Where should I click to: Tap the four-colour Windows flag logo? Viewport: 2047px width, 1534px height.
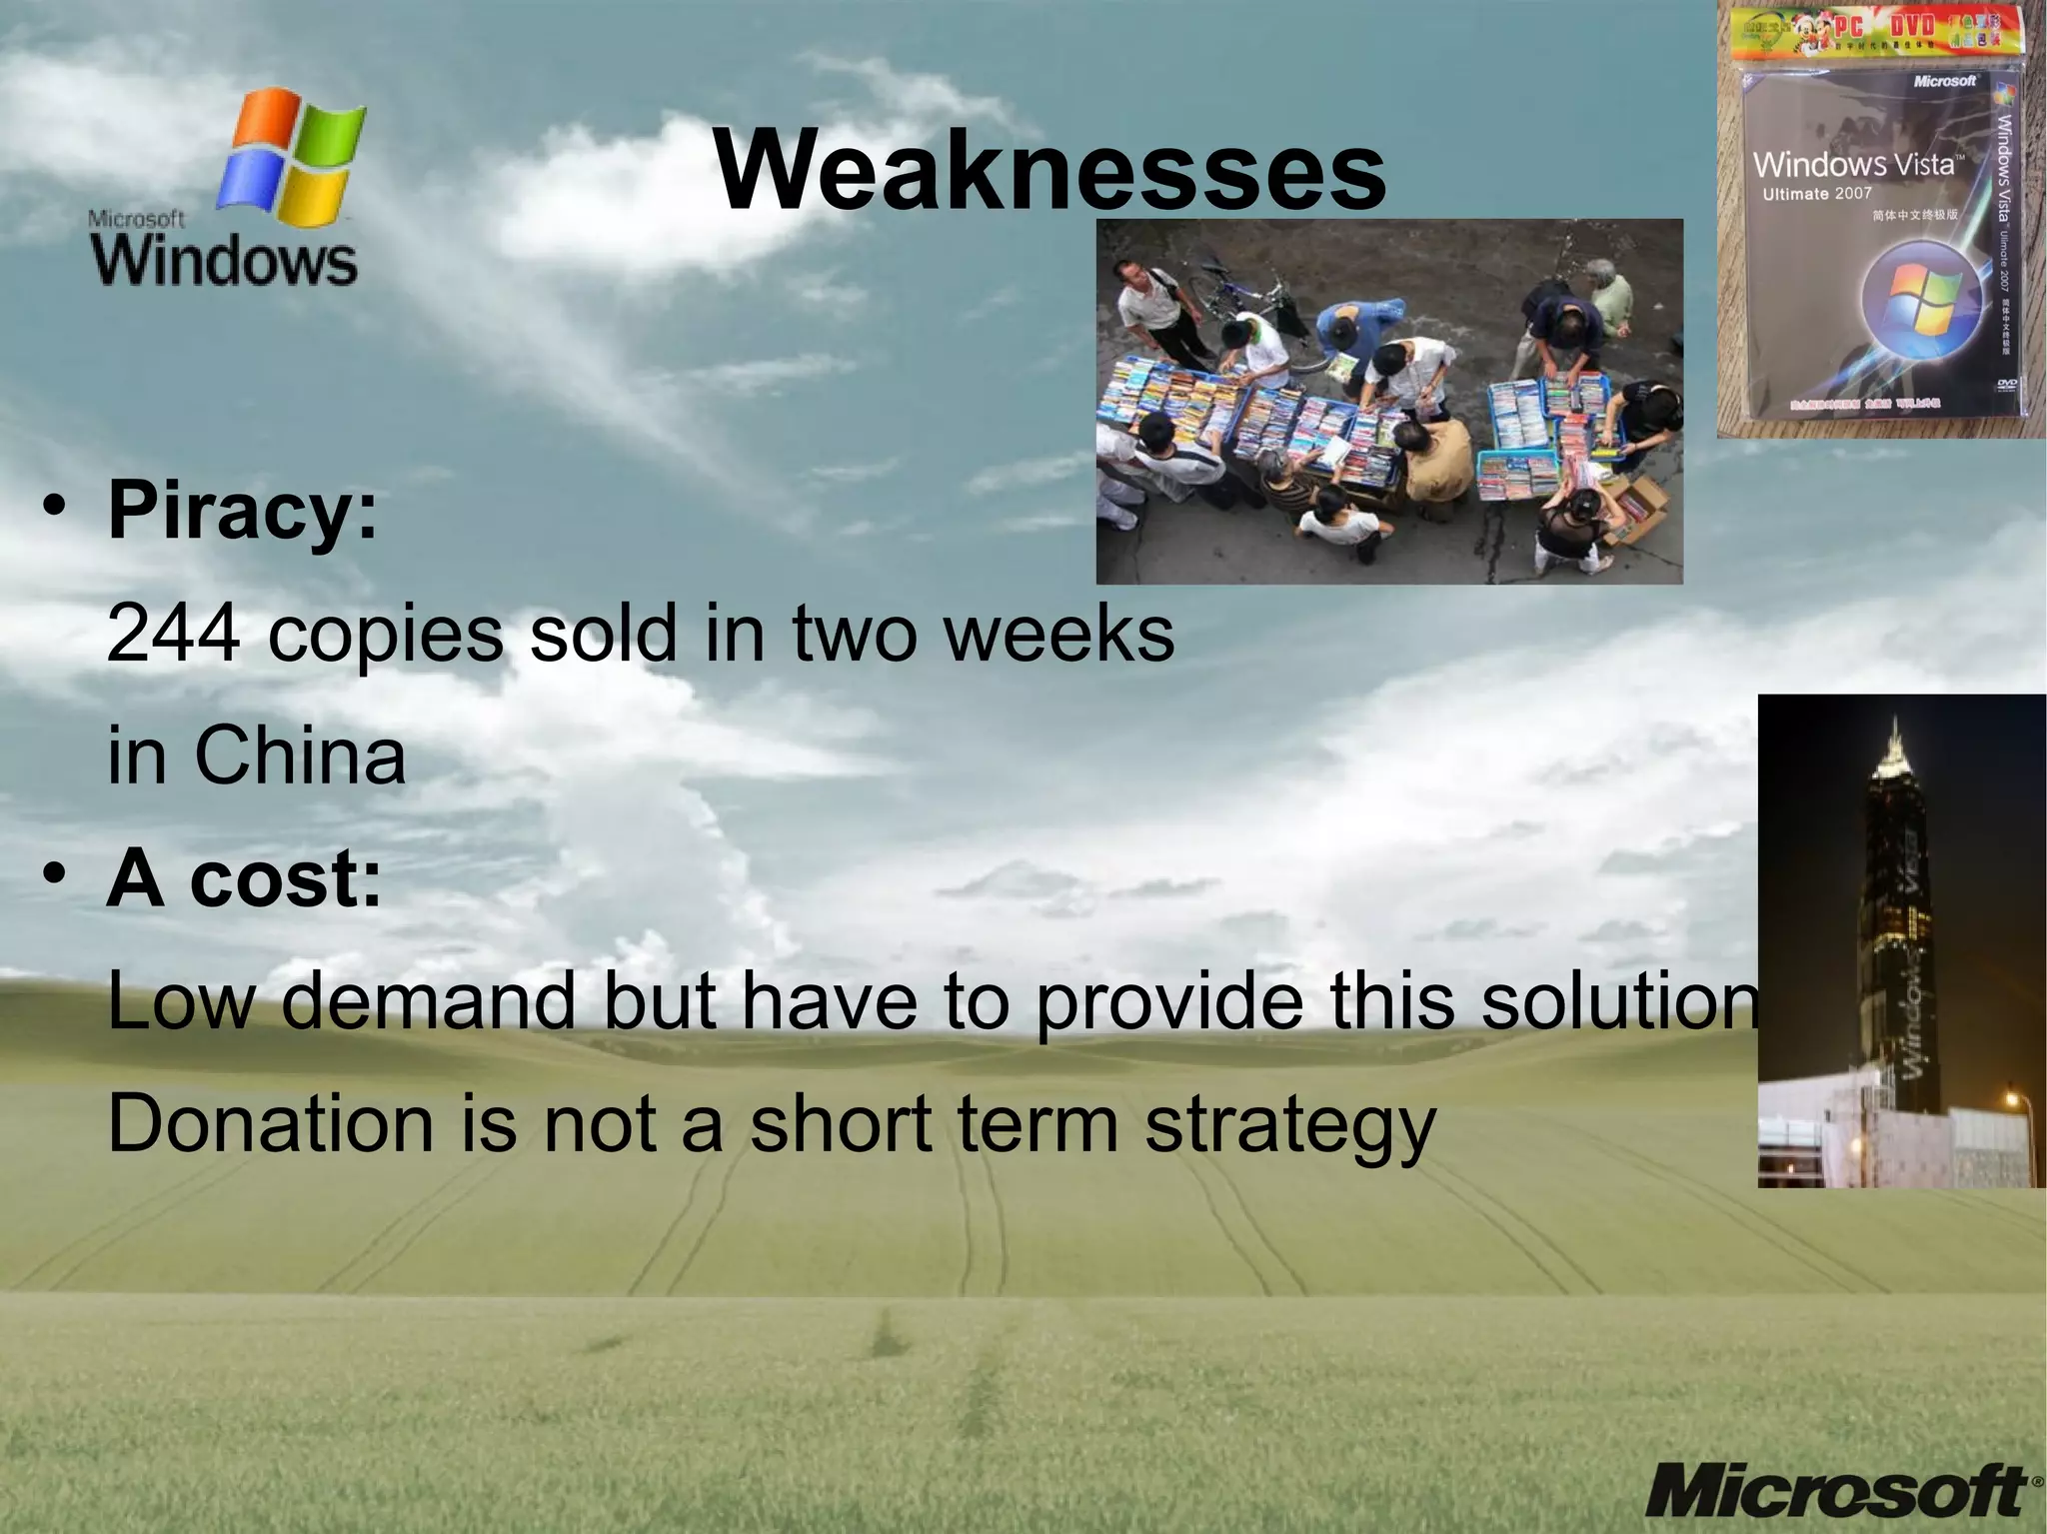click(x=291, y=156)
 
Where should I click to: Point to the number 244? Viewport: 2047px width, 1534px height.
click(x=172, y=634)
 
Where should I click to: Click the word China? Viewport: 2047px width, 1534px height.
click(x=300, y=757)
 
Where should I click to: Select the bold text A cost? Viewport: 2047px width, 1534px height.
click(x=244, y=879)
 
